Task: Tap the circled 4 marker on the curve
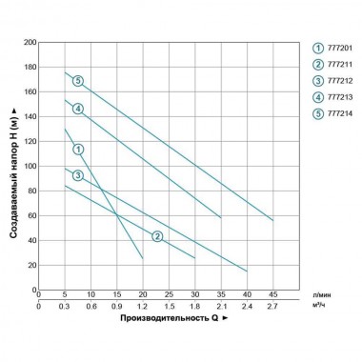coord(78,109)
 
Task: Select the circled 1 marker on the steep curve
coord(78,150)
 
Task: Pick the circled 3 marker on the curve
coord(78,175)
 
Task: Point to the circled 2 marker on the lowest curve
coord(157,235)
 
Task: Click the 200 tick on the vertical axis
coord(30,43)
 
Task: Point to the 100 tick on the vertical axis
coord(30,166)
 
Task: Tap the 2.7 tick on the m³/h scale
coord(272,307)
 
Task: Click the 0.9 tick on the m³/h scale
coord(116,307)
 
